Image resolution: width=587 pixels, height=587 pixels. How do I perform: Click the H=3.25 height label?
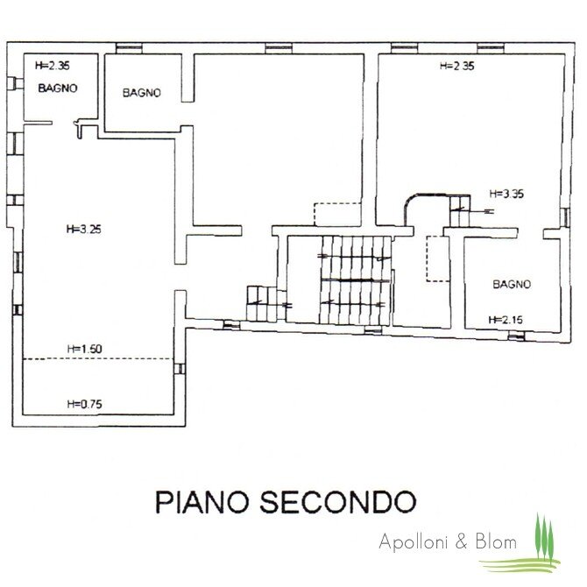click(84, 230)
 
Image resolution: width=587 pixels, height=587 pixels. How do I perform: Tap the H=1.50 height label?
click(85, 349)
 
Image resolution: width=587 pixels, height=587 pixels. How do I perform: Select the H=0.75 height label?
click(85, 404)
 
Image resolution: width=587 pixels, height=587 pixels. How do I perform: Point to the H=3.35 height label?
click(506, 194)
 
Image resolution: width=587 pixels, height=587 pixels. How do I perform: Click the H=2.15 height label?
click(506, 320)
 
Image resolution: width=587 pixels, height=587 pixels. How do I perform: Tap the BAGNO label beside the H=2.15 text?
click(512, 285)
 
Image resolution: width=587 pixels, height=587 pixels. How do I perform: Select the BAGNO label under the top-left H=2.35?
click(58, 88)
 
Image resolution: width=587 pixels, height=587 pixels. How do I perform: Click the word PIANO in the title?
click(202, 502)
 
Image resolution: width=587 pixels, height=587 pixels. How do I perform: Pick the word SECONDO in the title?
click(338, 502)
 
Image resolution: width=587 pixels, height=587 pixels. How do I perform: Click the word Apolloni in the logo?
click(415, 541)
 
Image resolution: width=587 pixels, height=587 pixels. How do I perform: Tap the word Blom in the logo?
click(496, 541)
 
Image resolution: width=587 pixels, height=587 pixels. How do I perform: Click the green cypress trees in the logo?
click(544, 535)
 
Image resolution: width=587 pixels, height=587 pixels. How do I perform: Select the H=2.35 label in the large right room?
click(457, 67)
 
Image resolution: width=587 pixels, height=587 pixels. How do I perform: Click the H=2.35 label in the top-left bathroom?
click(53, 66)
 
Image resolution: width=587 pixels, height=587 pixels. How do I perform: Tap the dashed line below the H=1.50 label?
click(98, 359)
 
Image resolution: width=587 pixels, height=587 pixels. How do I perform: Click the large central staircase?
click(356, 280)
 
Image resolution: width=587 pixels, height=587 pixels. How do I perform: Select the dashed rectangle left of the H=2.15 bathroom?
click(439, 258)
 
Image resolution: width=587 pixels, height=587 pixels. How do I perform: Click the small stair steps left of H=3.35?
click(460, 211)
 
